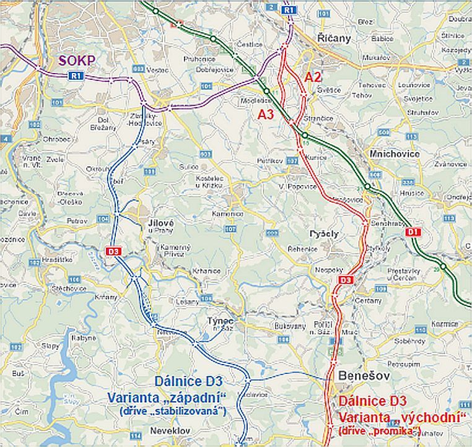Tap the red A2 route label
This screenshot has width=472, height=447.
coord(313,77)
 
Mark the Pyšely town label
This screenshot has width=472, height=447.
coord(323,234)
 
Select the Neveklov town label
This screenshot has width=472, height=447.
coord(187,427)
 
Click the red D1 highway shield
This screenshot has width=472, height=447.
coord(413,232)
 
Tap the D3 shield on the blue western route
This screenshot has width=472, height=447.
coord(113,251)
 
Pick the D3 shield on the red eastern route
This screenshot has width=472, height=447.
coord(345,281)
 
